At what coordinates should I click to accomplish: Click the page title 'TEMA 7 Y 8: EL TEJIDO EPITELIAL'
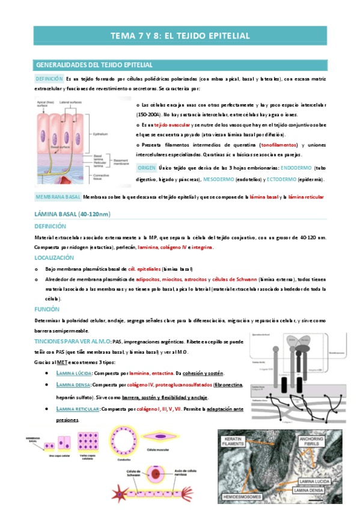click(x=180, y=36)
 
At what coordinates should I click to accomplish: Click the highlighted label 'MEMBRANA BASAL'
click(x=57, y=197)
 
